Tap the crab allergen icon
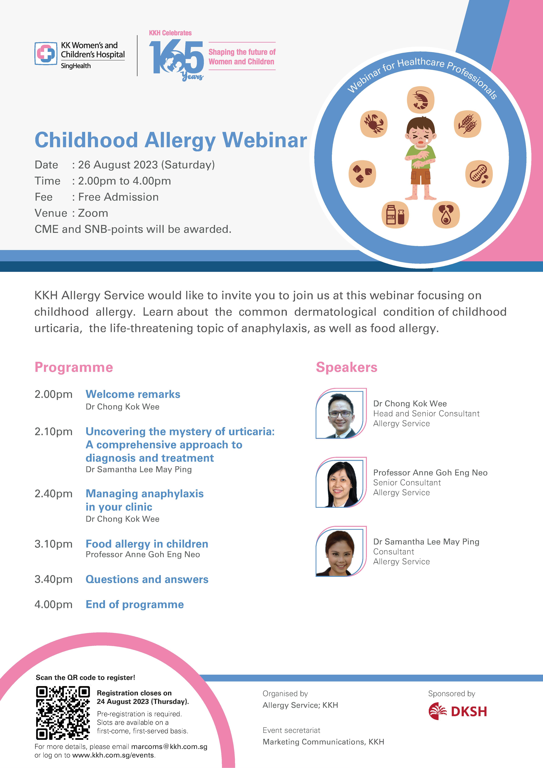tap(374, 124)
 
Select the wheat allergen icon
tap(467, 124)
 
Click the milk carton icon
tap(395, 214)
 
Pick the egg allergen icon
tap(446, 214)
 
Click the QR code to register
tap(63, 712)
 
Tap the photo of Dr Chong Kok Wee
tap(341, 413)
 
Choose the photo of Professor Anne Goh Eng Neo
tap(341, 482)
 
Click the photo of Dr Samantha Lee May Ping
tap(341, 551)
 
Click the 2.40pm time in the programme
tap(54, 494)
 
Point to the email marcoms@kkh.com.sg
tap(169, 747)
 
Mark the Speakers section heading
tap(347, 367)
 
